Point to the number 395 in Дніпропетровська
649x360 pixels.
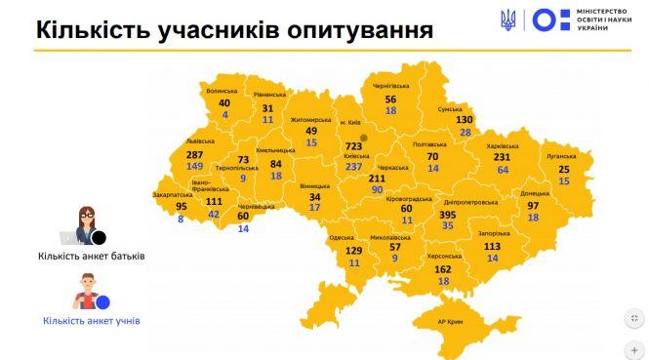point(448,215)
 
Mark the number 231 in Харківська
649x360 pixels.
point(503,156)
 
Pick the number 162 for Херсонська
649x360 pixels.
point(442,268)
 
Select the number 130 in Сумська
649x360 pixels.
point(464,119)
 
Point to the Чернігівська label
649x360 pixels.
point(389,87)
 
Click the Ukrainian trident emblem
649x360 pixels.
point(508,20)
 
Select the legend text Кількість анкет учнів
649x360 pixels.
point(91,319)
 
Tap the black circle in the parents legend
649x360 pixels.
point(99,236)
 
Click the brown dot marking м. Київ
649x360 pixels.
point(362,137)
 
